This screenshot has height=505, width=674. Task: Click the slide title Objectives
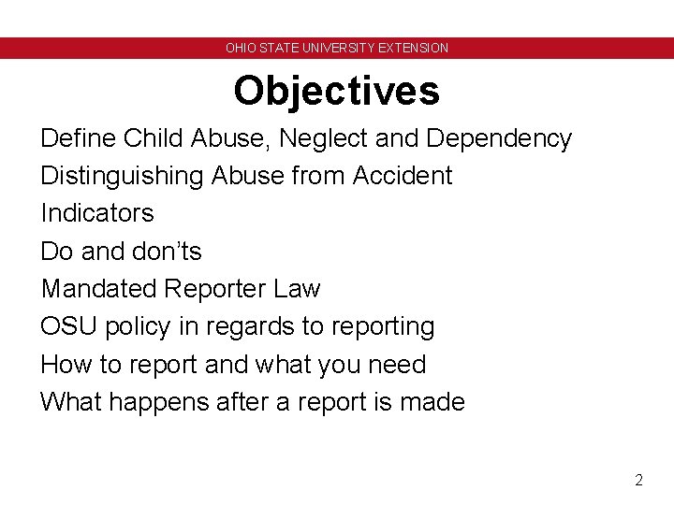pyautogui.click(x=336, y=91)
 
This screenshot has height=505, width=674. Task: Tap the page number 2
pyautogui.click(x=638, y=481)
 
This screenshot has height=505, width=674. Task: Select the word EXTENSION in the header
pyautogui.click(x=414, y=48)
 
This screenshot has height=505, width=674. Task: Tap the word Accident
pyautogui.click(x=402, y=176)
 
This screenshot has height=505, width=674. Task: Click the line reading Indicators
pyautogui.click(x=96, y=213)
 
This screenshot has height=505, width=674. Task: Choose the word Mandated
pyautogui.click(x=98, y=289)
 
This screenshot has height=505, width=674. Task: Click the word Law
pyautogui.click(x=298, y=289)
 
